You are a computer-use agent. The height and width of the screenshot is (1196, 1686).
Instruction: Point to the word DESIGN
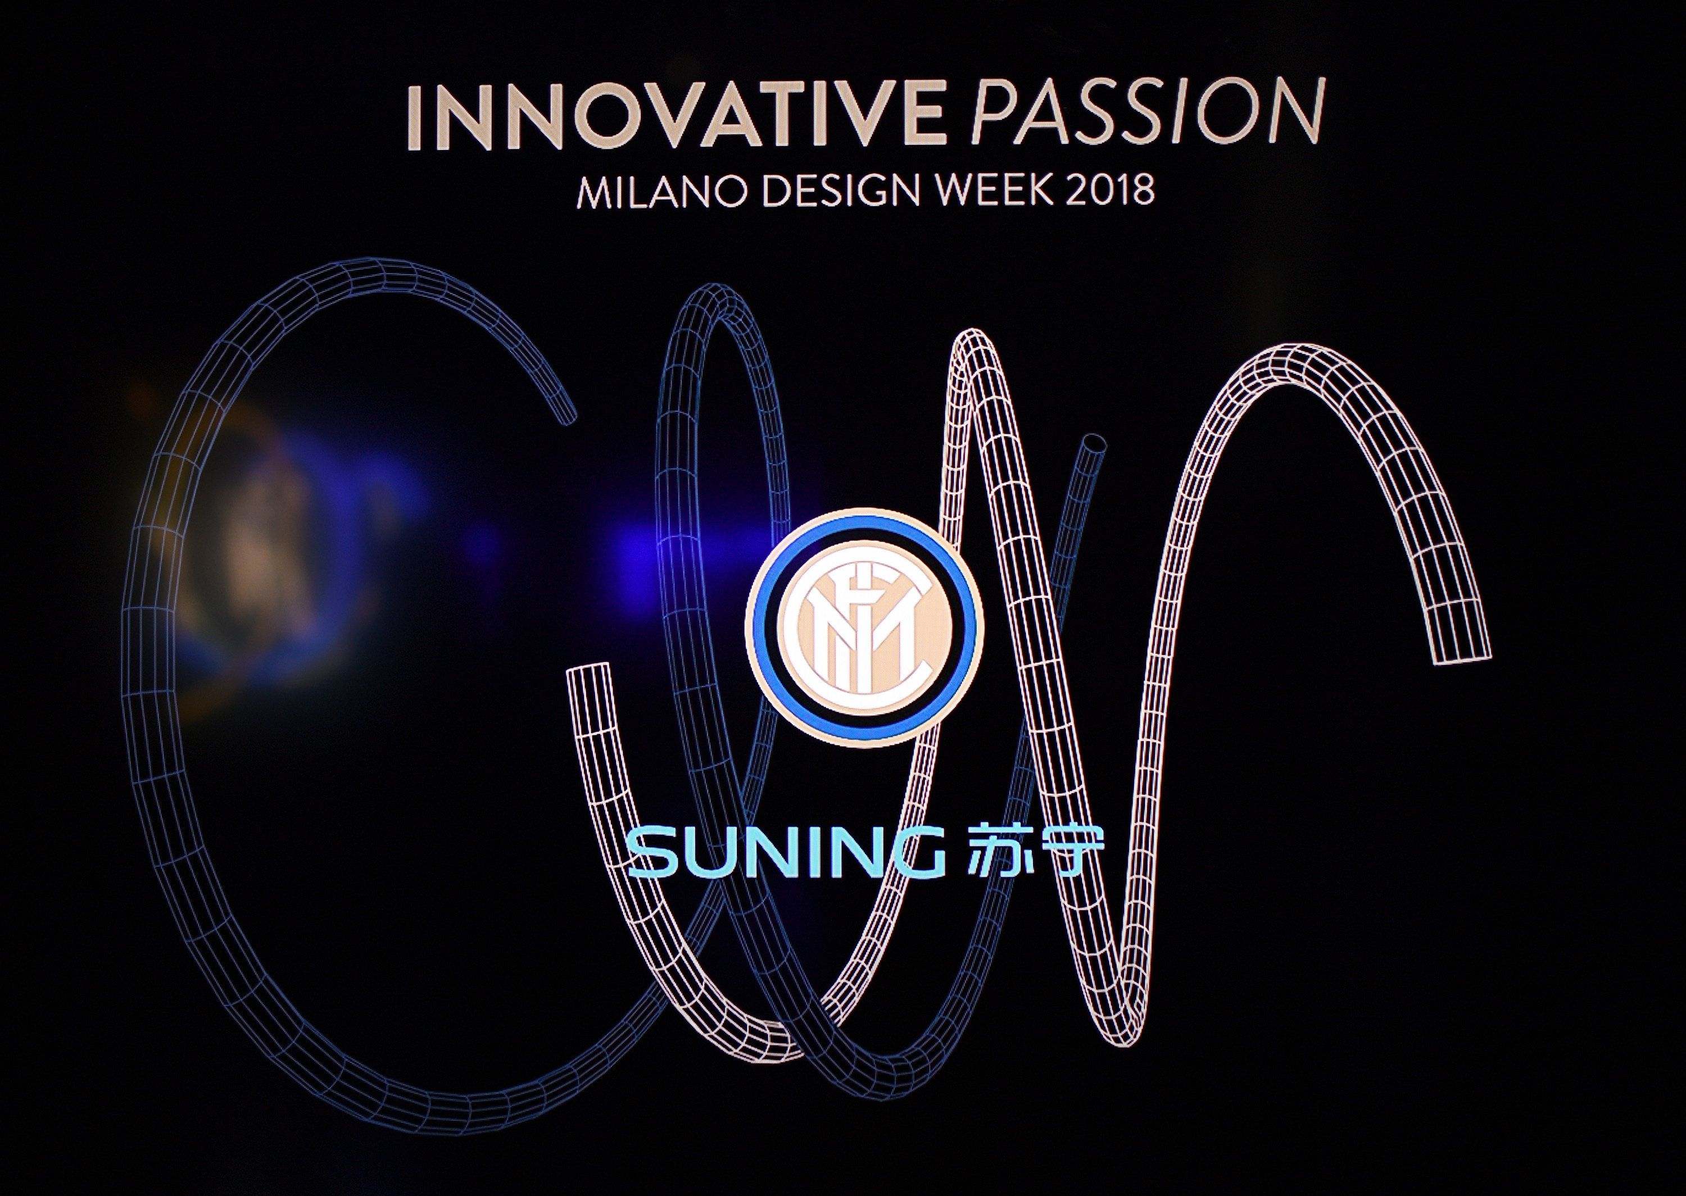click(825, 191)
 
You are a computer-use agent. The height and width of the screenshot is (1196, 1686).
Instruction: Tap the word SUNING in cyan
click(787, 852)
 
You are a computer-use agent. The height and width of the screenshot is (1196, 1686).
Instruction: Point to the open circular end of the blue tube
click(1093, 445)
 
